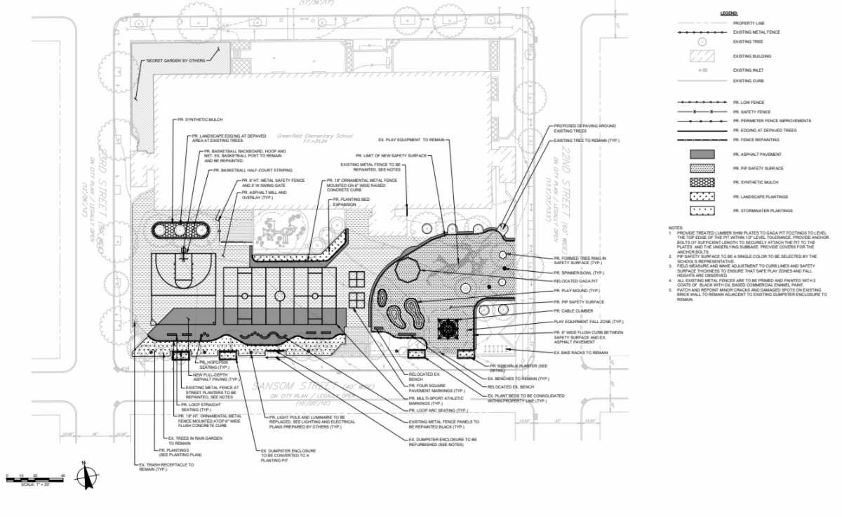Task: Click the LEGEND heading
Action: click(x=728, y=14)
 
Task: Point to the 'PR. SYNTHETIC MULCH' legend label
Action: click(x=754, y=181)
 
